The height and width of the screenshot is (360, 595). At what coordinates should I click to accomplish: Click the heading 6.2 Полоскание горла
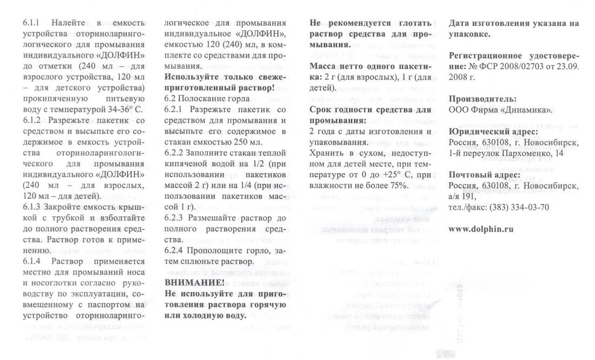tap(207, 99)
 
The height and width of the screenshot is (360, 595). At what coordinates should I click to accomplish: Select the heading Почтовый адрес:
tap(485, 175)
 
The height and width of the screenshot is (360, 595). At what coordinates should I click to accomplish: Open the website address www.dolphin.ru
tap(481, 229)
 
